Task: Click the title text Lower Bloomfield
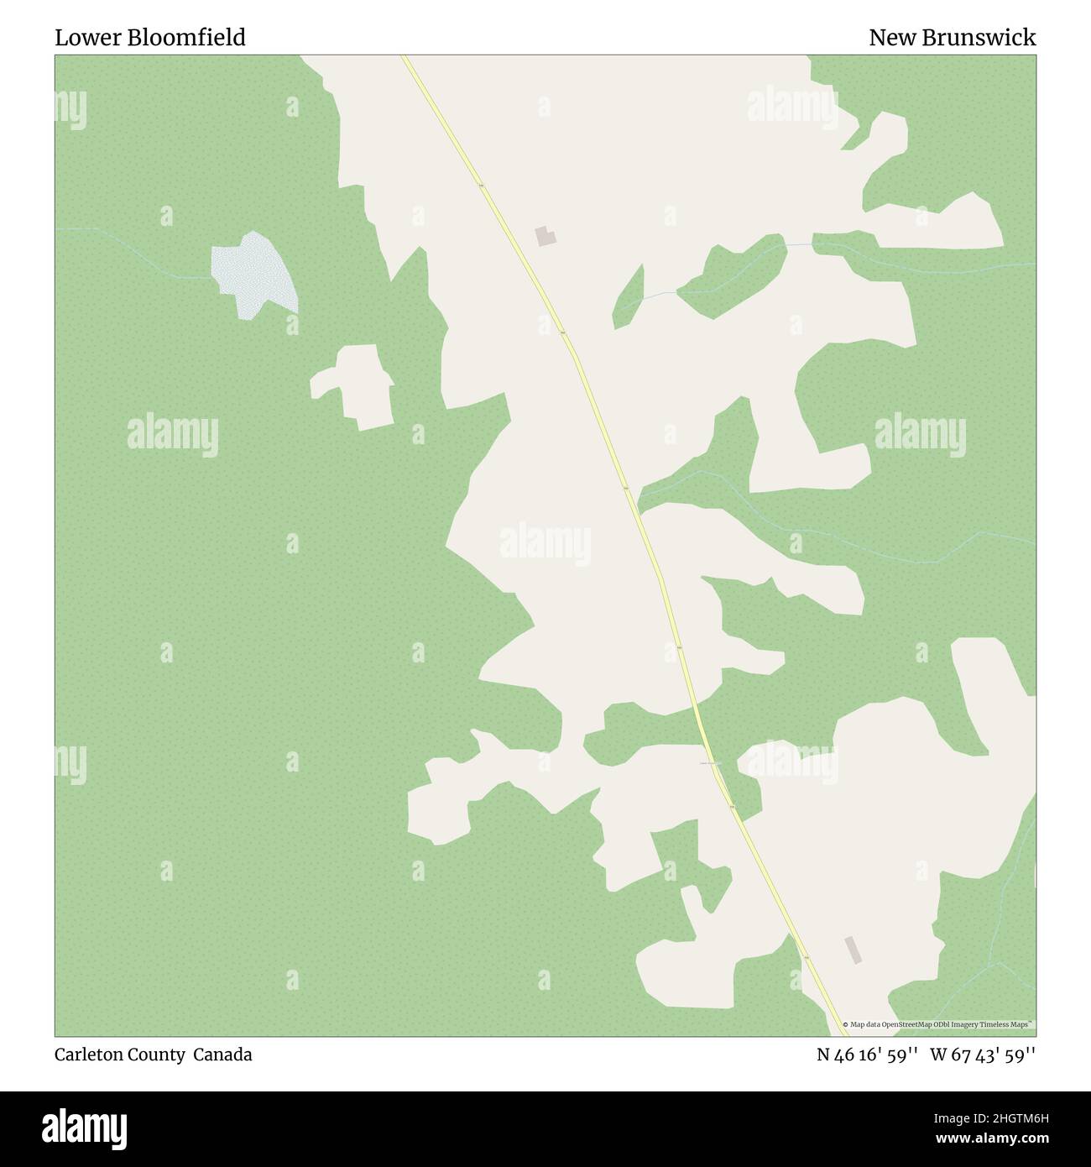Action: (150, 38)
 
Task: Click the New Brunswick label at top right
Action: (952, 38)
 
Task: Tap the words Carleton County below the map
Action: (120, 1054)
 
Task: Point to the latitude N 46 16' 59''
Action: (868, 1054)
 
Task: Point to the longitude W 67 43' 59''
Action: (983, 1054)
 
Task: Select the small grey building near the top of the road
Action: (545, 236)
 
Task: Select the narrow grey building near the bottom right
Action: (853, 950)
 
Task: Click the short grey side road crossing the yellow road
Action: (710, 763)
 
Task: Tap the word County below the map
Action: (159, 1054)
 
